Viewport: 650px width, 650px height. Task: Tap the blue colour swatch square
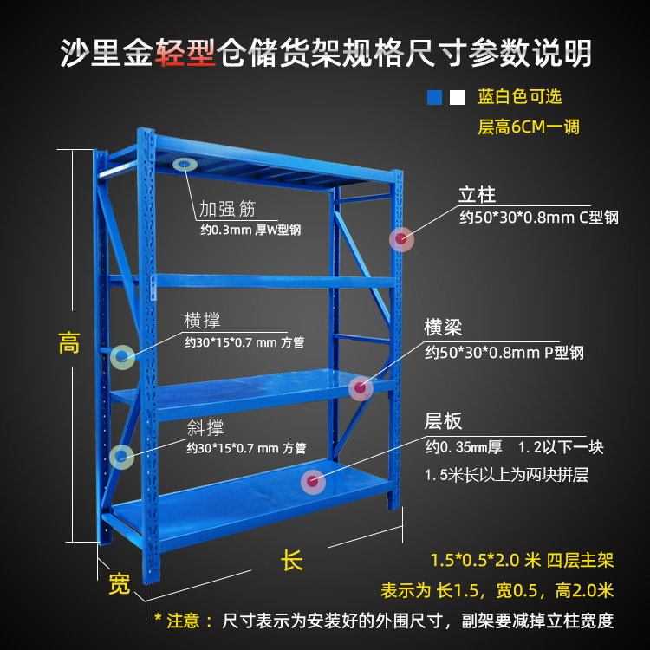tap(434, 97)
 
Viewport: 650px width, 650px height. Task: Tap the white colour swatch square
tap(458, 97)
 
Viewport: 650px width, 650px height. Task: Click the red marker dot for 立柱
tap(400, 238)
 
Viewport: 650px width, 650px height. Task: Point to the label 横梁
tap(443, 328)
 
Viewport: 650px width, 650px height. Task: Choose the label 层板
tap(443, 422)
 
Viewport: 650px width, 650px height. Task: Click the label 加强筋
tap(227, 209)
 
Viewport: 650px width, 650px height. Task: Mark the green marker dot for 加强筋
tap(184, 165)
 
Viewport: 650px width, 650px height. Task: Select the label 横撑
tap(202, 321)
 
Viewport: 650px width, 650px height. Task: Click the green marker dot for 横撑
tap(122, 354)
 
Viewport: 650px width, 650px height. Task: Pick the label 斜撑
tap(205, 427)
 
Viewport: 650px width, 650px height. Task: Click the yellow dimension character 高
tap(69, 343)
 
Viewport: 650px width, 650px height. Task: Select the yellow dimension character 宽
tap(119, 584)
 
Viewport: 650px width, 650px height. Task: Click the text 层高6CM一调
tap(529, 127)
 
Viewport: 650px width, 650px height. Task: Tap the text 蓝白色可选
tap(519, 97)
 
